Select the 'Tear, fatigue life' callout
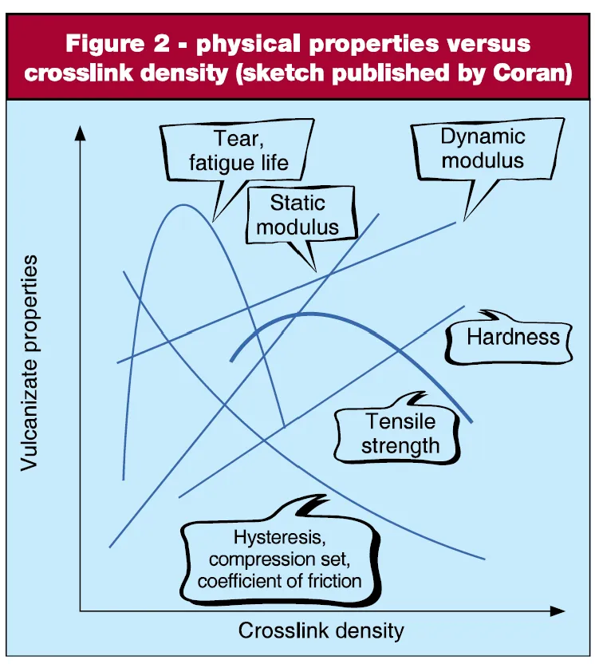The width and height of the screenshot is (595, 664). coord(238,152)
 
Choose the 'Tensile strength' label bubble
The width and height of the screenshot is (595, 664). coord(400,433)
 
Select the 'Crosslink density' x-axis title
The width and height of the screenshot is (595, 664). coord(321,630)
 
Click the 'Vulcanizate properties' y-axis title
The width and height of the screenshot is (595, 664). coord(30,363)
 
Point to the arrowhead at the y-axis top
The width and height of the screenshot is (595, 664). coord(79,132)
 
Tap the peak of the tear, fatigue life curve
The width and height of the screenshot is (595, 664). coord(184,205)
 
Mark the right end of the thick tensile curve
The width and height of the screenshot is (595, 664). coord(472,421)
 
